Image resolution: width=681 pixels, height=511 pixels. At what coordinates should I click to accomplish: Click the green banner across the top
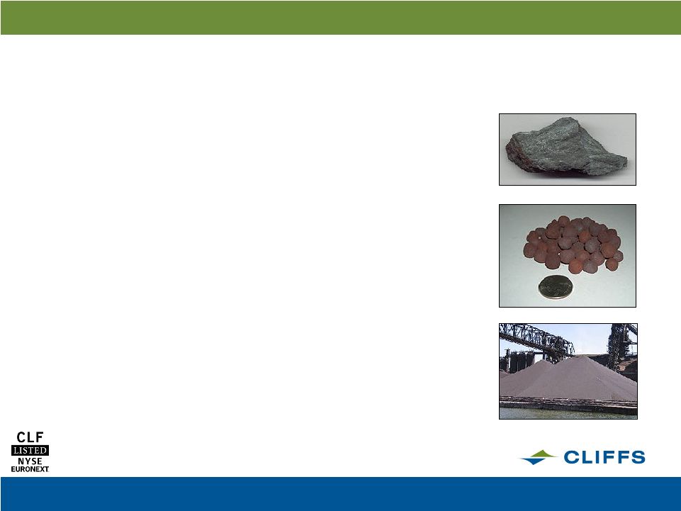click(x=340, y=18)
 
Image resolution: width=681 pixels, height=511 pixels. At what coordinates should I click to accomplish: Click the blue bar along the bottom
click(x=340, y=494)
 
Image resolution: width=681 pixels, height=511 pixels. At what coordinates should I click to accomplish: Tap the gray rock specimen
click(x=566, y=147)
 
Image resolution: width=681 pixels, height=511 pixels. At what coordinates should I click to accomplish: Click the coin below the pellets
click(x=555, y=287)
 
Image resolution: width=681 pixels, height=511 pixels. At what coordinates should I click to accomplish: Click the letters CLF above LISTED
click(x=30, y=437)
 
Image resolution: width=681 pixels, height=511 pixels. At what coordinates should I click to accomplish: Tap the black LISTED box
click(x=30, y=450)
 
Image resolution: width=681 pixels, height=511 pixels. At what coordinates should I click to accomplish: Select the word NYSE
click(x=30, y=461)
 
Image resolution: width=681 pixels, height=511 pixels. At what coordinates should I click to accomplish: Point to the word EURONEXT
click(x=30, y=469)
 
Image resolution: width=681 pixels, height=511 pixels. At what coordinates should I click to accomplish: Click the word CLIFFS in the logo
click(x=604, y=457)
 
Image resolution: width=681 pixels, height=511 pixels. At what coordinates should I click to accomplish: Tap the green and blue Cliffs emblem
click(x=539, y=457)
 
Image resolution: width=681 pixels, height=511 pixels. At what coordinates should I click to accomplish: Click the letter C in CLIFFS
click(x=572, y=457)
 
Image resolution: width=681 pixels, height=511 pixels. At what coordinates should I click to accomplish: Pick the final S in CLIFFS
click(x=638, y=457)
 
